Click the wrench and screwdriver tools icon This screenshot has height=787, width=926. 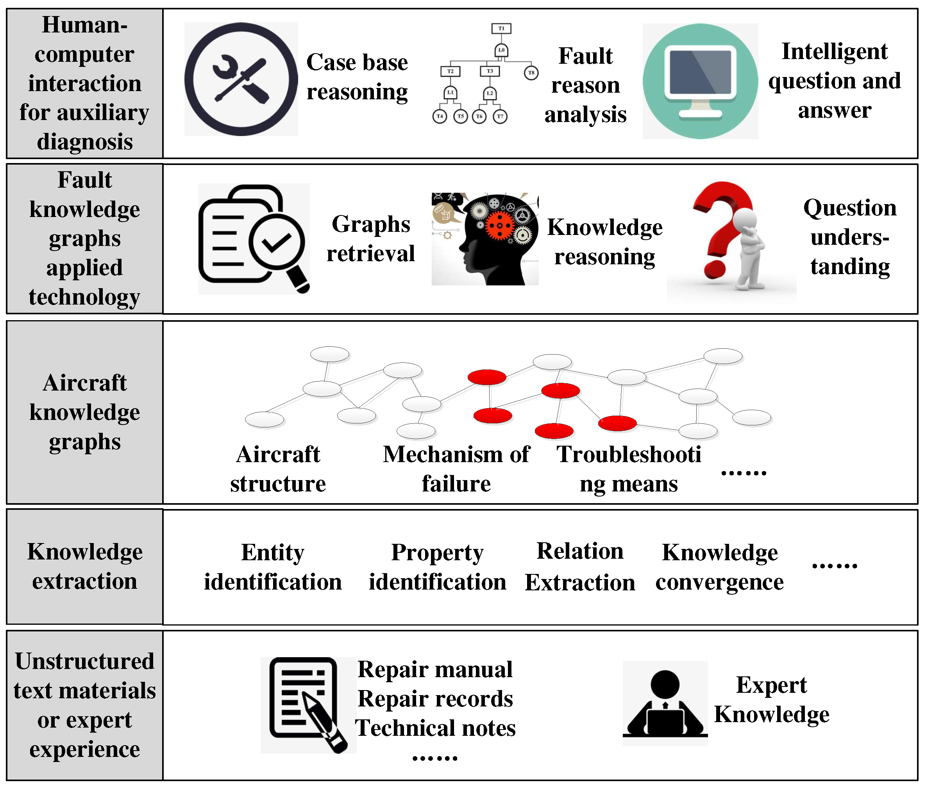241,79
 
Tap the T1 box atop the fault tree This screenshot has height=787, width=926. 501,29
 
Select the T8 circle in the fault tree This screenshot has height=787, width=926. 531,73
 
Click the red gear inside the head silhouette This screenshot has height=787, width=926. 499,225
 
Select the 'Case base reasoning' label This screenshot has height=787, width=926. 357,77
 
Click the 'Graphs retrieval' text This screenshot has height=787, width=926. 370,239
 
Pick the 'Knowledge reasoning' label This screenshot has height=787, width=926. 604,242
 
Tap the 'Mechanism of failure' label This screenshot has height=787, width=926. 456,469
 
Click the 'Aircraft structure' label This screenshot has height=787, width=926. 278,469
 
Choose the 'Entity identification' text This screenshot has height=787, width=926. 272,567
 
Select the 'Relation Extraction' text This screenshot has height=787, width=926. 579,566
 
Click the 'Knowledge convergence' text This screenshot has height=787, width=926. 720,567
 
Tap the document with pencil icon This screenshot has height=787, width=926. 307,705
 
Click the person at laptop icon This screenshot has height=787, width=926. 665,704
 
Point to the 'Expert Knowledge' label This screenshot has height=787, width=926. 771,699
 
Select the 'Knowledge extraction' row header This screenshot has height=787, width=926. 85,566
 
